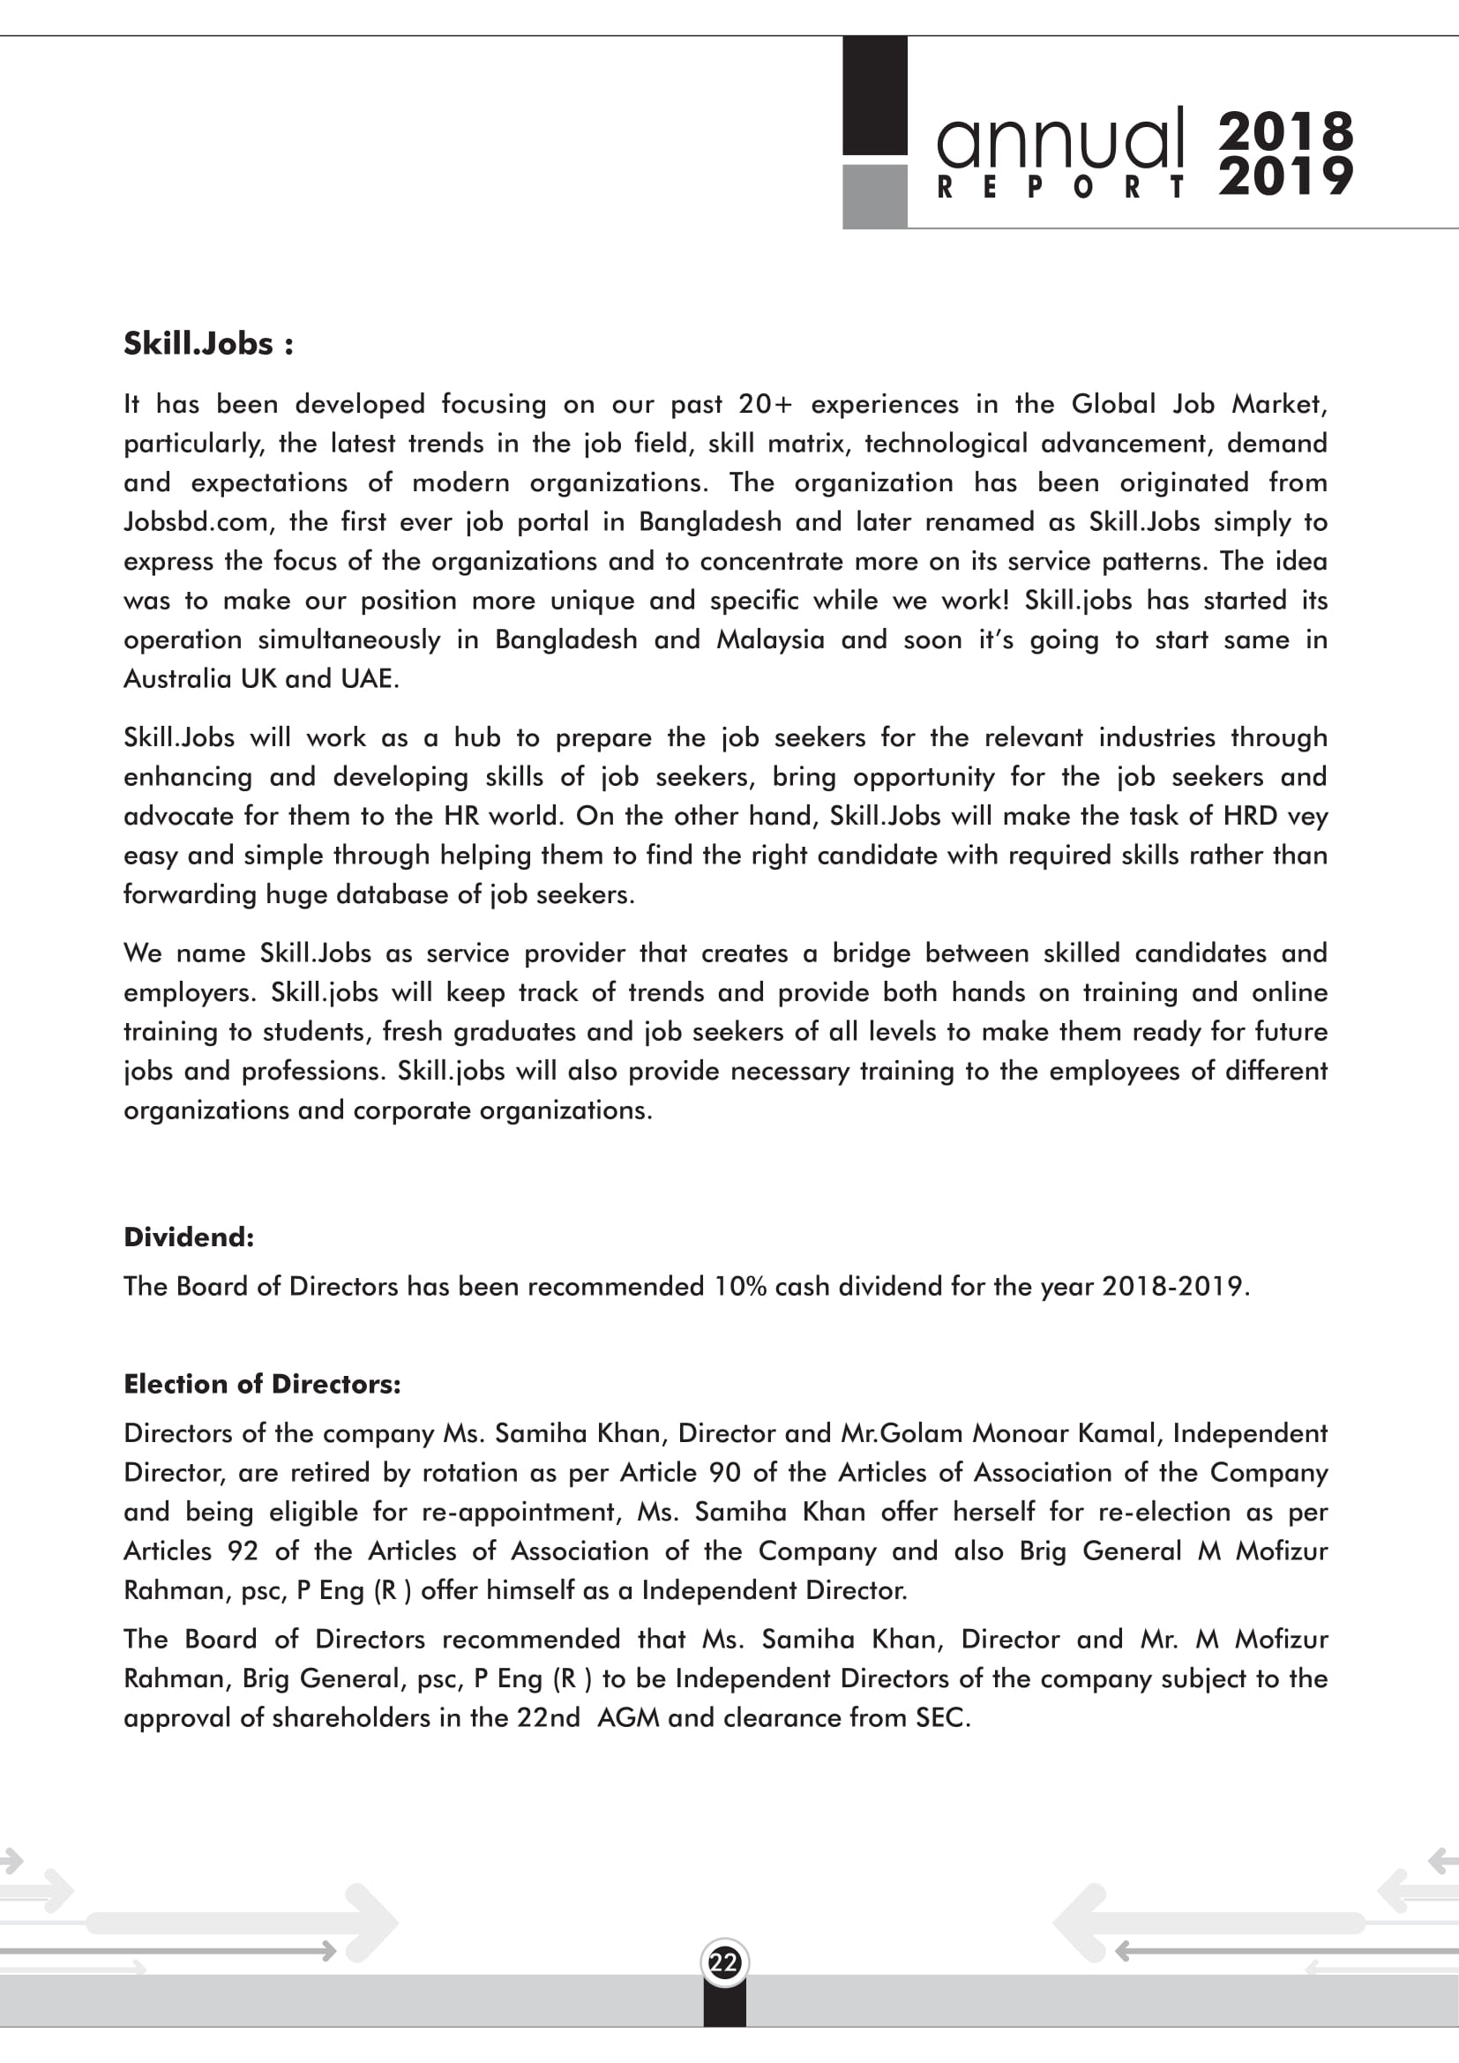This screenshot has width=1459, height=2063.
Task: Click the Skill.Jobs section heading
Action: click(x=207, y=344)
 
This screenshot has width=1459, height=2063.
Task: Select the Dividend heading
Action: click(x=189, y=1237)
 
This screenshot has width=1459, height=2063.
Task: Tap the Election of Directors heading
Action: click(x=262, y=1384)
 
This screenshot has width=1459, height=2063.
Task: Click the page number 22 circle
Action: click(x=724, y=1962)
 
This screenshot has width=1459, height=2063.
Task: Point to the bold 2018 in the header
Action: click(x=1285, y=131)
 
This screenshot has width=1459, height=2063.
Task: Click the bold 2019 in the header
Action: click(x=1285, y=176)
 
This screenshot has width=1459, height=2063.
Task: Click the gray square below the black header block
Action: click(x=874, y=196)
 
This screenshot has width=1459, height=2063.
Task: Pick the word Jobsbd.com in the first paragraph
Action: click(x=195, y=522)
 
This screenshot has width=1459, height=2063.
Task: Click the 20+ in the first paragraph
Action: click(x=766, y=404)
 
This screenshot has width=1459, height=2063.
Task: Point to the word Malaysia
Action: click(x=770, y=639)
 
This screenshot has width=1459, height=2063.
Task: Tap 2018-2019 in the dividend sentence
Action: click(x=1172, y=1287)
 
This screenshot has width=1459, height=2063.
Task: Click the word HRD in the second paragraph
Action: click(x=1250, y=816)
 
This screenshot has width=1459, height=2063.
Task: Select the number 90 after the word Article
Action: click(x=725, y=1473)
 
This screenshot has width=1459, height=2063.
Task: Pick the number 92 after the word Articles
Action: click(x=242, y=1551)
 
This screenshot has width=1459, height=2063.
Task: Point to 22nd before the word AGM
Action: click(x=548, y=1718)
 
